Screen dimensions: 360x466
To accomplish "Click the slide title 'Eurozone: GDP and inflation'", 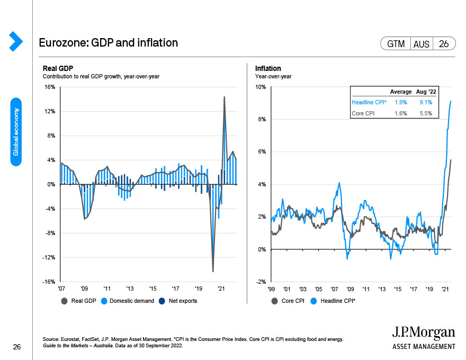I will tap(108, 43).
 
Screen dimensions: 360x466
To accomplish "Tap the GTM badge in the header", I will tap(396, 44).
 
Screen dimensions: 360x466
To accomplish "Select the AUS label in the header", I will tap(422, 44).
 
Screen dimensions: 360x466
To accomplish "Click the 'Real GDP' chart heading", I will tap(58, 68).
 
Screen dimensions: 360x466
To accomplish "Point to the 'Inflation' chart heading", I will tap(268, 68).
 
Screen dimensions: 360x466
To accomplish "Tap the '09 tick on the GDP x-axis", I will tap(84, 289).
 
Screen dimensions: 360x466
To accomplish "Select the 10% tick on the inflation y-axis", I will tap(262, 87).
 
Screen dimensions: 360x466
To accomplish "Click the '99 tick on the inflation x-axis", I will tap(272, 289).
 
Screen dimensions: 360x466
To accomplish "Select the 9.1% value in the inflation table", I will tap(426, 102).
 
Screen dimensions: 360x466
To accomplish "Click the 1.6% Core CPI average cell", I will tap(400, 113).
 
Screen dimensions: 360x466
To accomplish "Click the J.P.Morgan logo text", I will tap(423, 333).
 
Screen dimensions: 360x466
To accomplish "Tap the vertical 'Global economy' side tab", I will tap(16, 131).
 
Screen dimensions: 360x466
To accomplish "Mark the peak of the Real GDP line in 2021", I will tap(224, 97).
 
